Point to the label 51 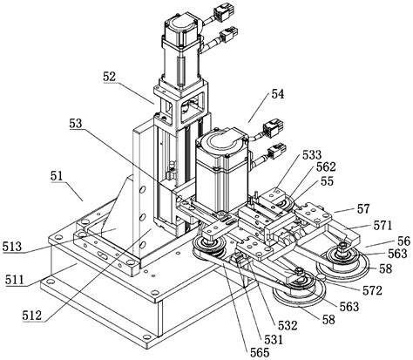coord(56,177)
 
